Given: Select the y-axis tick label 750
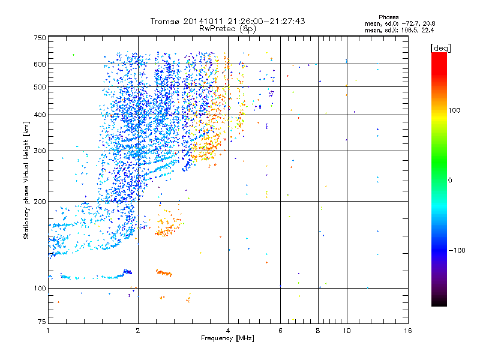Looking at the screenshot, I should (x=40, y=37).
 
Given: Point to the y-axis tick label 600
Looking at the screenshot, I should (x=40, y=64).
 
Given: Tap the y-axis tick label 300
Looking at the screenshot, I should (x=40, y=151).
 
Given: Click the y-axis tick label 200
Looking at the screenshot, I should (x=40, y=201).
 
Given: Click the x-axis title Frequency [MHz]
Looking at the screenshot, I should (x=228, y=338).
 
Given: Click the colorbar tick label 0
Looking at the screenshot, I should (x=451, y=180).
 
